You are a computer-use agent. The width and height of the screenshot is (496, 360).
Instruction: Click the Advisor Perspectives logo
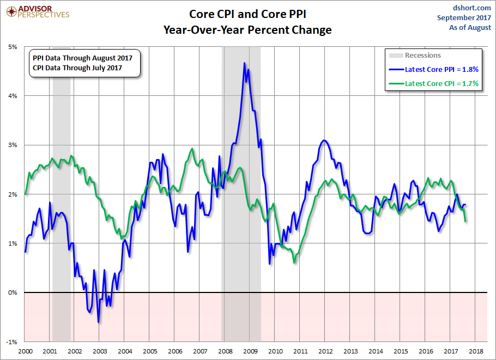tap(38, 12)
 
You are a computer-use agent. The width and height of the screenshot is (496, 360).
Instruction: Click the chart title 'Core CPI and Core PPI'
tap(247, 14)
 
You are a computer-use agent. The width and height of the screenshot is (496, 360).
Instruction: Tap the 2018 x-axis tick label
tap(476, 351)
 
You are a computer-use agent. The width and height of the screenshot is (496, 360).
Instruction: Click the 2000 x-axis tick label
tap(25, 351)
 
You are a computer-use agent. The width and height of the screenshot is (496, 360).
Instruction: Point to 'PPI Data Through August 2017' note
tap(83, 58)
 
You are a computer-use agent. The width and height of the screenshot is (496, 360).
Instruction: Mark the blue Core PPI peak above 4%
tap(244, 63)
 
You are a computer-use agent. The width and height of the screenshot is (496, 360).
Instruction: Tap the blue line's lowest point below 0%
tap(99, 322)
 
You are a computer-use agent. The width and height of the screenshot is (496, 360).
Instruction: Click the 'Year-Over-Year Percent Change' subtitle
tap(247, 30)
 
